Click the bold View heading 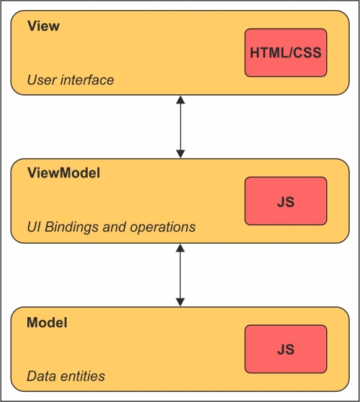click(43, 26)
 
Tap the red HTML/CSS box click(286, 52)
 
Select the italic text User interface click(71, 80)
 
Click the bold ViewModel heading click(63, 173)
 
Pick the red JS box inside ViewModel click(286, 201)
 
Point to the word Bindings click(72, 227)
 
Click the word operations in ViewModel click(163, 227)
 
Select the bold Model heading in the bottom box click(47, 322)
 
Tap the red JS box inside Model click(286, 350)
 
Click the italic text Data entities click(66, 376)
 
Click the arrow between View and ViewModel click(181, 127)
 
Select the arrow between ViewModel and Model click(181, 275)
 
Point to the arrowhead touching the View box click(181, 100)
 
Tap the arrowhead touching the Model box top click(181, 302)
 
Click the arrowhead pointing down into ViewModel click(181, 154)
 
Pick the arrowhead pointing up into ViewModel click(181, 248)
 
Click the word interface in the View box click(87, 80)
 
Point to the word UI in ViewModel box click(34, 227)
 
